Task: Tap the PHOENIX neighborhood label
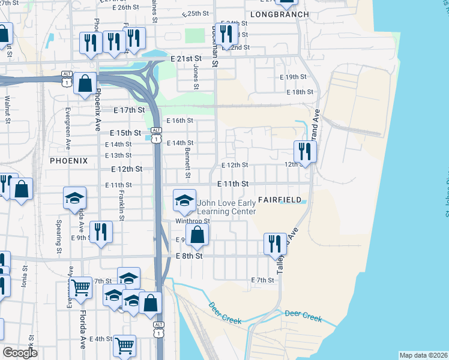pyautogui.click(x=68, y=161)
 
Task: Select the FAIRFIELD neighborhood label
pyautogui.click(x=279, y=199)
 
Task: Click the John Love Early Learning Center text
pyautogui.click(x=227, y=207)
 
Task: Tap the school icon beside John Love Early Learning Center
pyautogui.click(x=185, y=201)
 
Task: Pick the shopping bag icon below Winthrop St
pyautogui.click(x=197, y=236)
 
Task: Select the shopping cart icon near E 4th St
pyautogui.click(x=124, y=345)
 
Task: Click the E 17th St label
pyautogui.click(x=129, y=110)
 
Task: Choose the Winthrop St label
pyautogui.click(x=192, y=221)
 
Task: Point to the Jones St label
pyautogui.click(x=196, y=77)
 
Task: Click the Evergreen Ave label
pyautogui.click(x=68, y=128)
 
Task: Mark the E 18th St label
pyautogui.click(x=300, y=92)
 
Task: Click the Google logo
pyautogui.click(x=20, y=353)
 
